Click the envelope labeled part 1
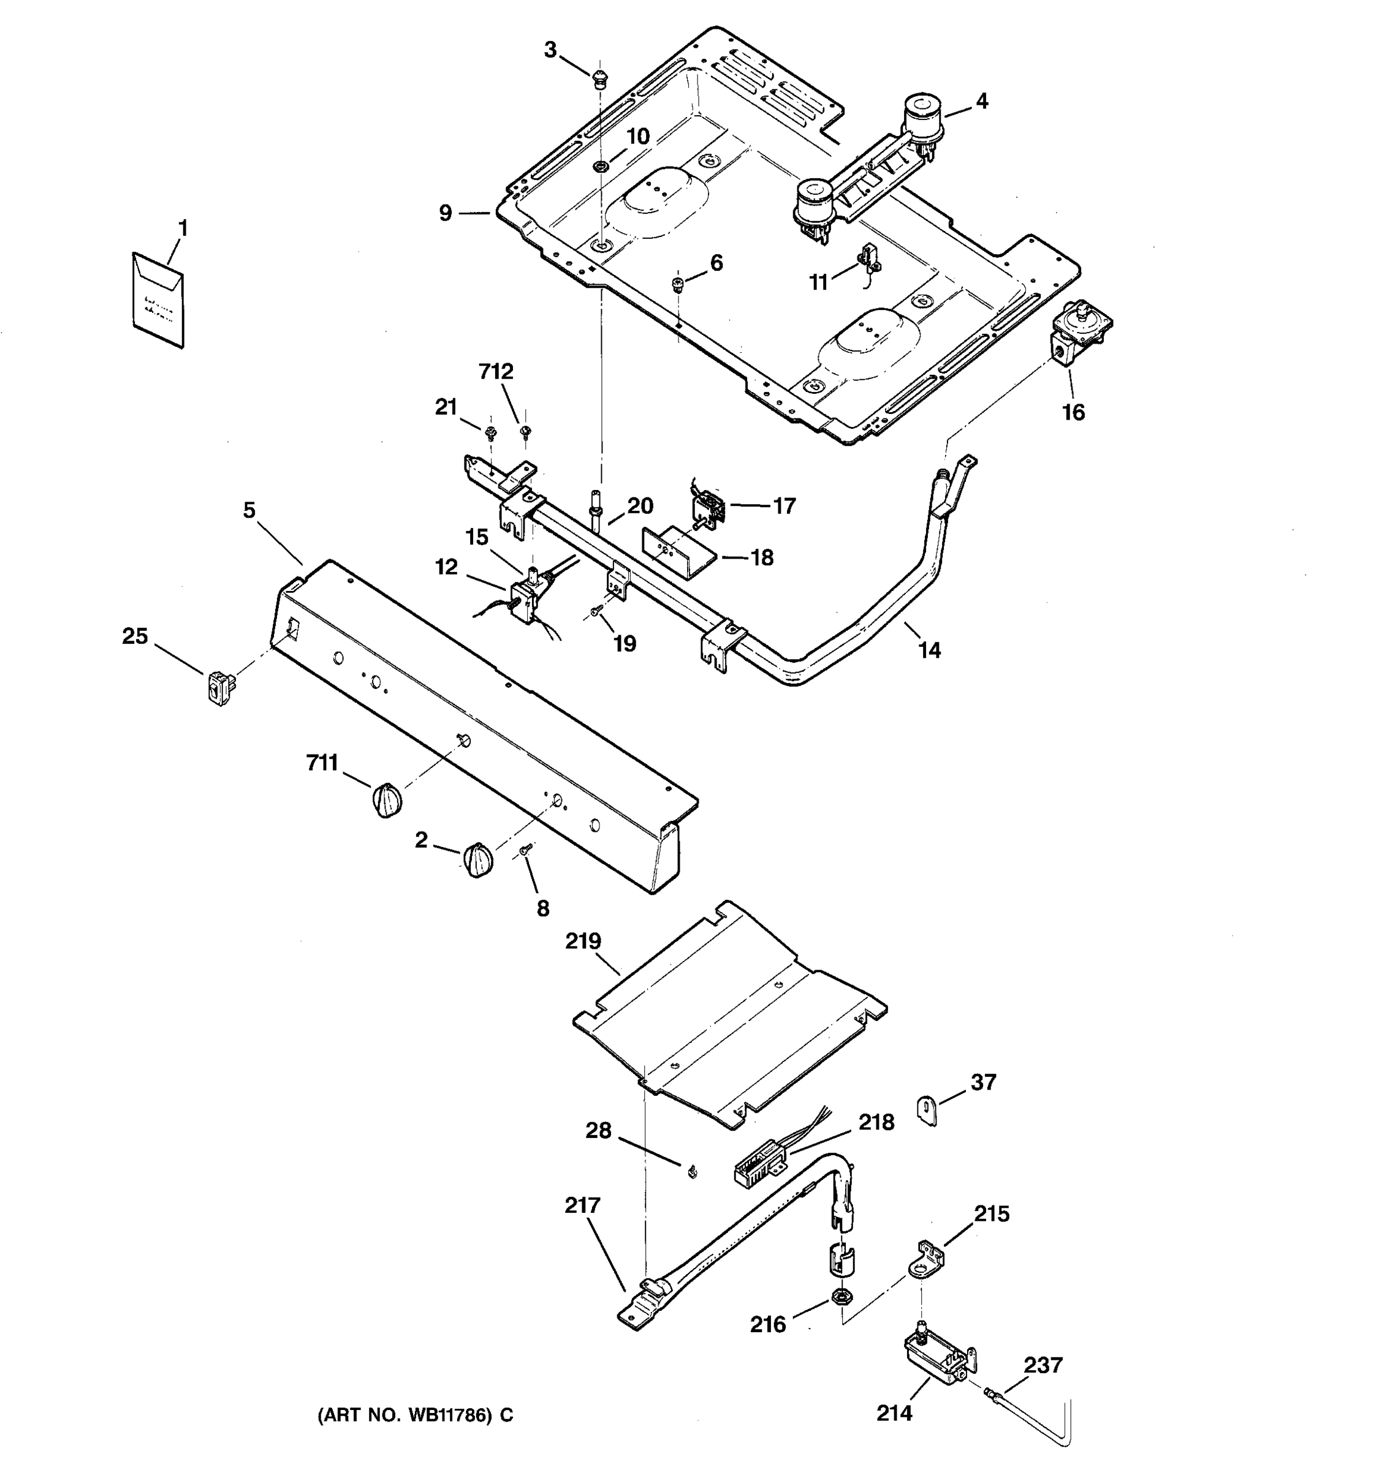(158, 300)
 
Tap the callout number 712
(496, 371)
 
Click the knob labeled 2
(478, 860)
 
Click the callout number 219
(583, 941)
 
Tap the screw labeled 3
(600, 77)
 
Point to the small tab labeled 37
(927, 1110)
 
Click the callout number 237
(1043, 1365)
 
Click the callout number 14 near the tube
(929, 650)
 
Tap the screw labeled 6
(676, 284)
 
